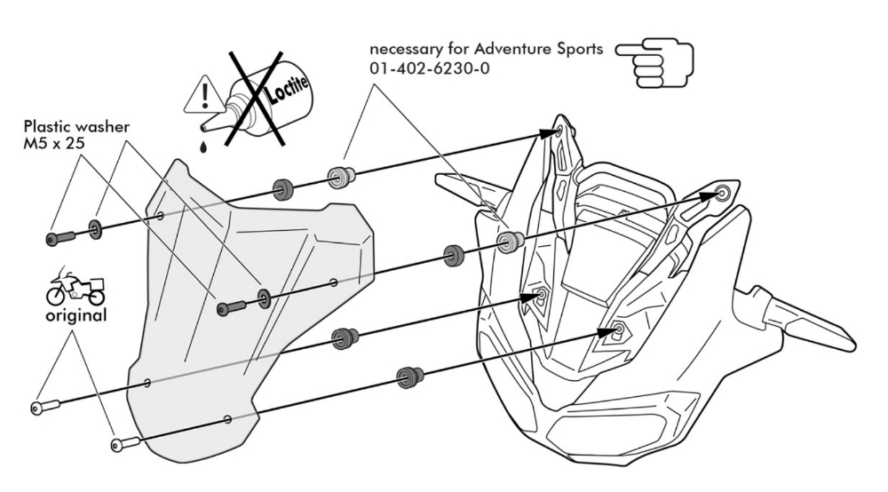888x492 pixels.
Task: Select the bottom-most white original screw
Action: (x=125, y=441)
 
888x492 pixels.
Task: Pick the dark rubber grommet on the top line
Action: (x=283, y=189)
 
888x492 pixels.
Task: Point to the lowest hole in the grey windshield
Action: (x=228, y=418)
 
